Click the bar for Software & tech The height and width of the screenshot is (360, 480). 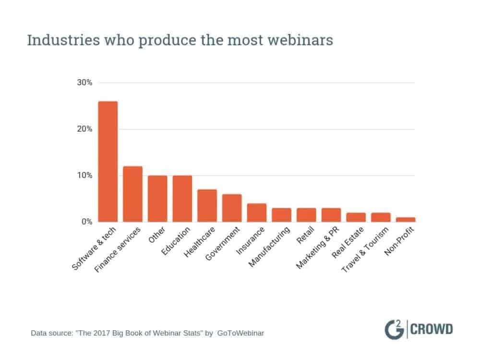[x=108, y=161]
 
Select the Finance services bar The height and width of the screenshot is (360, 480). [x=133, y=194]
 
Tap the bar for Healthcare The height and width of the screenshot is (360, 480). [x=207, y=205]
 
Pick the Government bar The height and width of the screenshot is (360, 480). [x=232, y=208]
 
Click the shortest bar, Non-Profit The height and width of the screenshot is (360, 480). [x=406, y=219]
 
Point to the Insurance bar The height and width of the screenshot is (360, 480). [x=257, y=213]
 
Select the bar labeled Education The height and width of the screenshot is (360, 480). [x=182, y=199]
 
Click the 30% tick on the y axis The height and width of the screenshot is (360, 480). [x=84, y=83]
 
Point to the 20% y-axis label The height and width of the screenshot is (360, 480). [x=84, y=129]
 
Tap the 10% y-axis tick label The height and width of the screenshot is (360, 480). [x=84, y=175]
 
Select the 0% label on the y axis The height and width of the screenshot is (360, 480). [x=86, y=222]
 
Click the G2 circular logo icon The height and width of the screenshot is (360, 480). [x=395, y=330]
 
